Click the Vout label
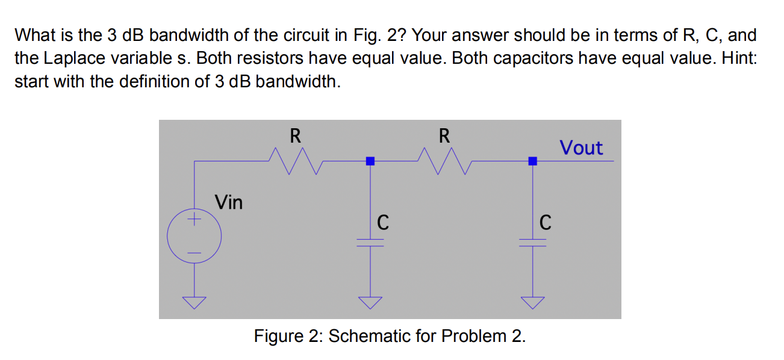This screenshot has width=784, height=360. [x=581, y=147]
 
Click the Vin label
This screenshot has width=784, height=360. [x=229, y=202]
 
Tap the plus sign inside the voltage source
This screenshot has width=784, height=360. [x=194, y=221]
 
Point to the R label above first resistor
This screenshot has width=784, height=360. [x=295, y=136]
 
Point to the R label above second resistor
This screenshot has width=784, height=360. [x=443, y=136]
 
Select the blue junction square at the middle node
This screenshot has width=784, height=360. [x=370, y=161]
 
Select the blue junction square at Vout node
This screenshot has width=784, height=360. [x=532, y=161]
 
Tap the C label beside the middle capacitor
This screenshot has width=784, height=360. [x=382, y=223]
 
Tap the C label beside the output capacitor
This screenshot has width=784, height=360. [x=544, y=223]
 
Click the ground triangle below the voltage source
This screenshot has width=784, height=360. [x=194, y=301]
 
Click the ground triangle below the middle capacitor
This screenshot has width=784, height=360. [x=370, y=301]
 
